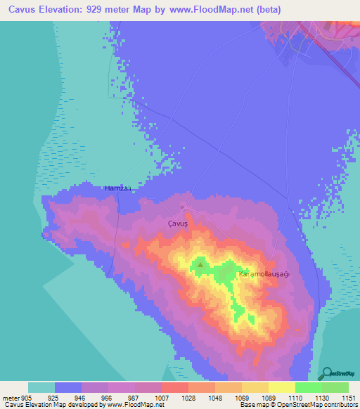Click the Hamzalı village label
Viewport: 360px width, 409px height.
[x=118, y=188]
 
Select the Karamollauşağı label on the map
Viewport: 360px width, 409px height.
[x=264, y=274]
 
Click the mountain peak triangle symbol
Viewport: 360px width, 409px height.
[x=200, y=265]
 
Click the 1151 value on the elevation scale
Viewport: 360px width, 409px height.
[x=348, y=398]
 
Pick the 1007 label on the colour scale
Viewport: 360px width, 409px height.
[x=161, y=398]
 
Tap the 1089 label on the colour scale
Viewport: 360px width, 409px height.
[x=268, y=398]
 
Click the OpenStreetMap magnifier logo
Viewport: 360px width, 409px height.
[x=327, y=373]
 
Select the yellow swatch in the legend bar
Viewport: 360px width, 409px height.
[x=281, y=387]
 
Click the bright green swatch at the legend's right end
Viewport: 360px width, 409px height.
[x=335, y=387]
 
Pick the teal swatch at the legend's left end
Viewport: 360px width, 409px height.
[x=41, y=387]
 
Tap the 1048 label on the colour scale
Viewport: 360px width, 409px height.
[x=214, y=398]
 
